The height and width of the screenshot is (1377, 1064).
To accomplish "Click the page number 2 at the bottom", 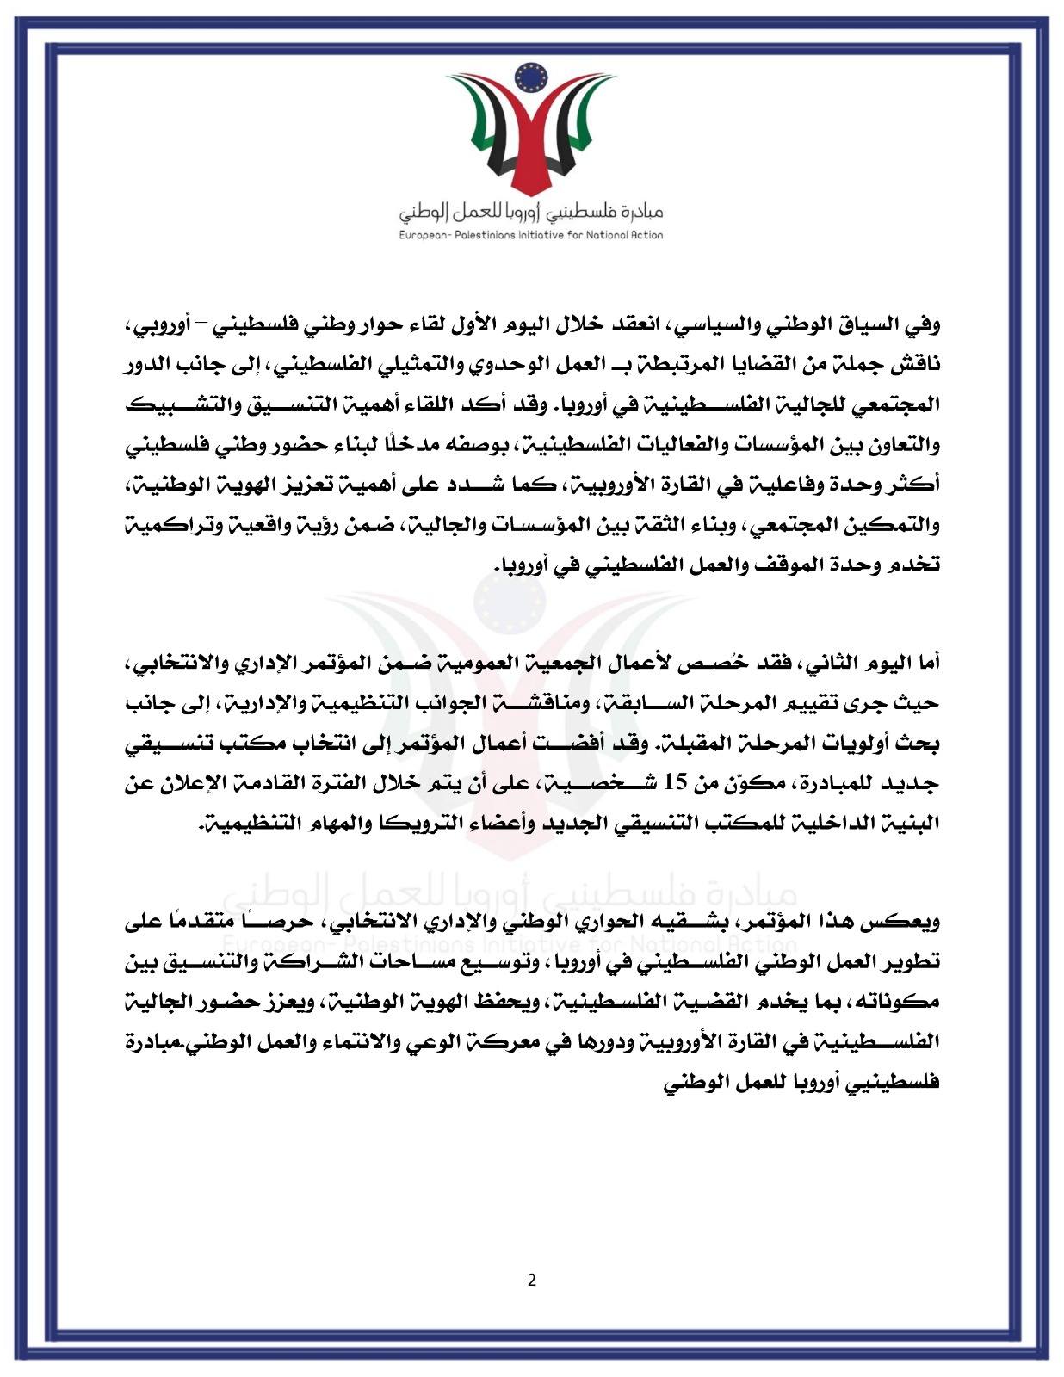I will (531, 1280).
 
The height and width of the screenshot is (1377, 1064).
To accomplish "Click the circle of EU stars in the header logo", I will (531, 79).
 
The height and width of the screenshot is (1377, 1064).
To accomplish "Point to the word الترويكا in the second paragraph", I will (405, 824).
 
